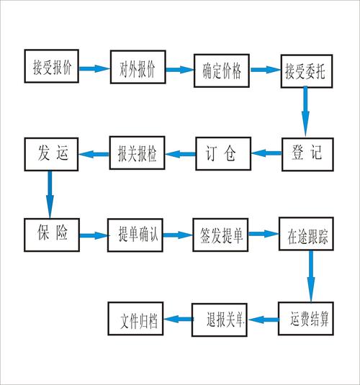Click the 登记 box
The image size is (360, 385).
tap(307, 153)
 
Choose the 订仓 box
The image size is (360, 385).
tap(222, 153)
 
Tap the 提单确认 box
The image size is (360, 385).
tap(138, 234)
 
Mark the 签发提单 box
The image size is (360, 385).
tap(222, 235)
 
